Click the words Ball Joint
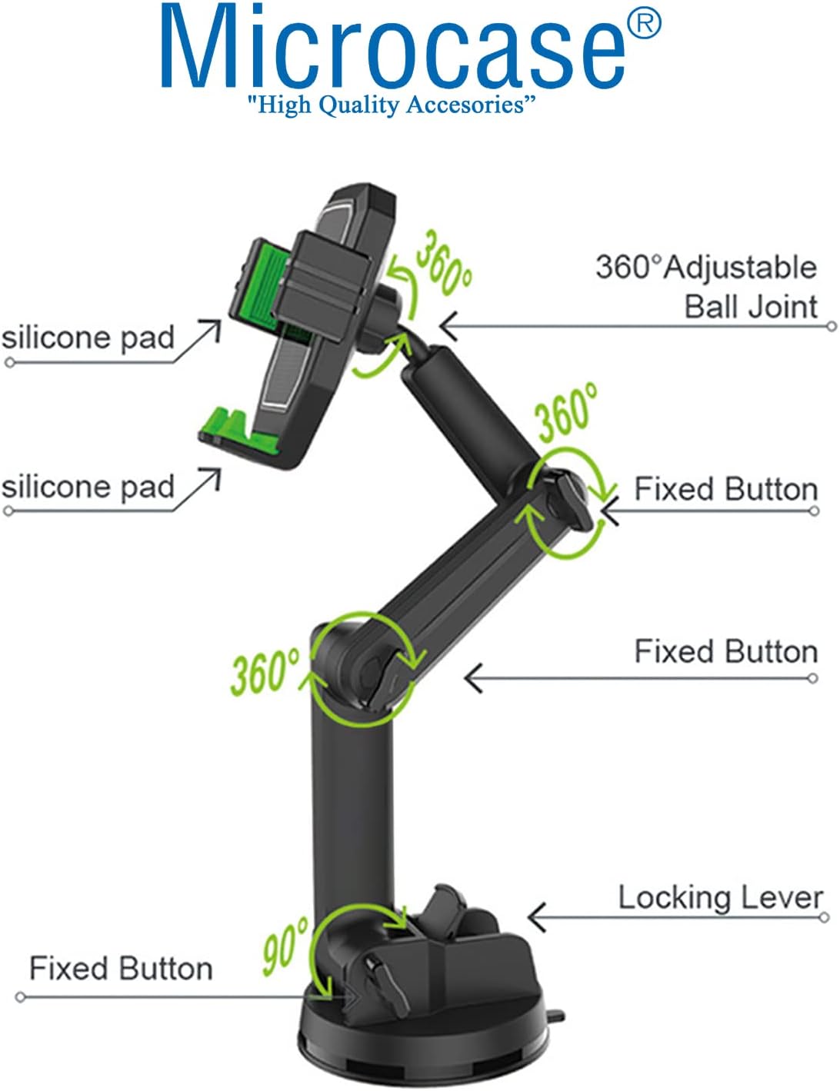pyautogui.click(x=751, y=306)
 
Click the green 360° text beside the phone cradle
pyautogui.click(x=444, y=263)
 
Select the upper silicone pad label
pyautogui.click(x=88, y=338)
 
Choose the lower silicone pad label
pyautogui.click(x=88, y=487)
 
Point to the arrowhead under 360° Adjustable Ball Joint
pyautogui.click(x=449, y=326)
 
